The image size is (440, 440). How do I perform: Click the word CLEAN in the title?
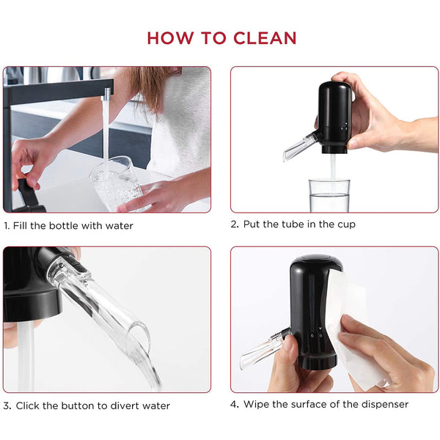click(265, 38)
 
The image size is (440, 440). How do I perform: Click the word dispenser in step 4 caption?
click(385, 405)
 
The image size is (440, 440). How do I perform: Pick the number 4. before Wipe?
click(235, 404)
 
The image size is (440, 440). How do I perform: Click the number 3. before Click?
click(7, 406)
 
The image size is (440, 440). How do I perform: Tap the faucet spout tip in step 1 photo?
click(107, 97)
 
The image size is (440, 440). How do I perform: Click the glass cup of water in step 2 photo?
click(329, 196)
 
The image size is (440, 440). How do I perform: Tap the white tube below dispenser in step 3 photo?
click(26, 356)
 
